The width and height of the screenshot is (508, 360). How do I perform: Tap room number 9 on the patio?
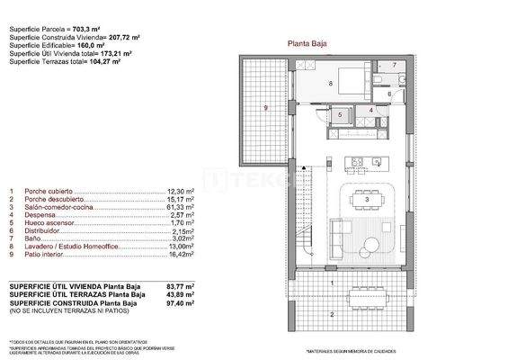tap(266, 108)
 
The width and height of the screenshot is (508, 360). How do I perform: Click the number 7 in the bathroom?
tap(394, 66)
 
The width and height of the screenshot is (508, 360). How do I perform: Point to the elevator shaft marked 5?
tap(341, 114)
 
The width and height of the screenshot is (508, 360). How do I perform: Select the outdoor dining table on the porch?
tap(363, 292)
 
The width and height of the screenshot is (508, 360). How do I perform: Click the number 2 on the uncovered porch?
tap(331, 314)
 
